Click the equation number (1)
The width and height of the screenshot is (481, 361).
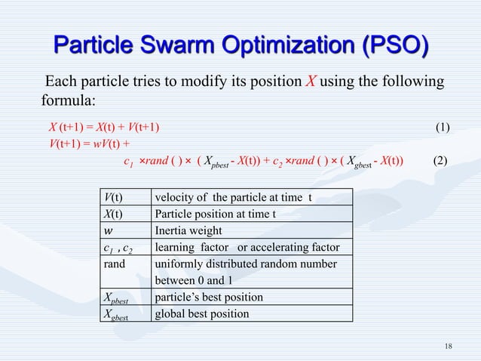pos(443,125)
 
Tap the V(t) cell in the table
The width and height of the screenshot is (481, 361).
pos(115,198)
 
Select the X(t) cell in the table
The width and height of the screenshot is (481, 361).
pos(115,214)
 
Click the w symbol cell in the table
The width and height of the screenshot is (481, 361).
pos(109,230)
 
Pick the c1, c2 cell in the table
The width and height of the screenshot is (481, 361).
pos(119,247)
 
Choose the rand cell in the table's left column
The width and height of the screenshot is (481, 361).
pos(115,264)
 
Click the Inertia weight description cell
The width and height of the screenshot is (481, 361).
pos(188,230)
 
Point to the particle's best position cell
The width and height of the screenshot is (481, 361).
pos(208,296)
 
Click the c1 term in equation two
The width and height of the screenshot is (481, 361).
pos(128,160)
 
